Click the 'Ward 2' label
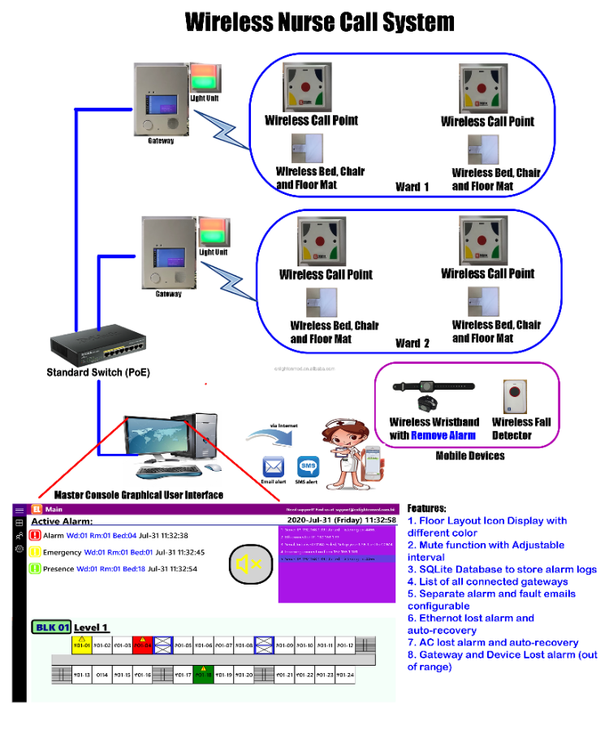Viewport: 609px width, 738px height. tap(412, 343)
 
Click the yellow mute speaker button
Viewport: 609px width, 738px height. tap(248, 564)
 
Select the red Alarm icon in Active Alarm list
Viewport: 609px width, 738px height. tap(35, 536)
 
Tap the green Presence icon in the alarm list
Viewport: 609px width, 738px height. tap(35, 568)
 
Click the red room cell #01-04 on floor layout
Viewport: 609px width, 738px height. tap(143, 645)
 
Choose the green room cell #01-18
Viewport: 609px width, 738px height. tap(203, 674)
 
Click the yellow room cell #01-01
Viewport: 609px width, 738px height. tap(81, 645)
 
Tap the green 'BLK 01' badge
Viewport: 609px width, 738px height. tap(50, 627)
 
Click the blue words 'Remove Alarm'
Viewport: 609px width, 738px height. tap(443, 435)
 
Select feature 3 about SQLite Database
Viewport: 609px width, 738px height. tap(501, 569)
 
